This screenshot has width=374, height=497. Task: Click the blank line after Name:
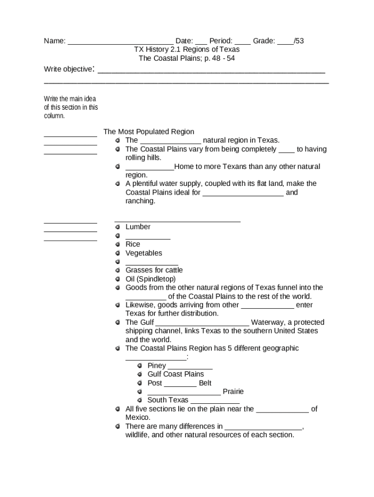pyautogui.click(x=120, y=42)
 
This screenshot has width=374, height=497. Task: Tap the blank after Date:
pyautogui.click(x=201, y=42)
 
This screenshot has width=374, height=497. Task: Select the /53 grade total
pyautogui.click(x=299, y=41)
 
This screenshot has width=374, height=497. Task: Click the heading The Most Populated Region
pyautogui.click(x=149, y=132)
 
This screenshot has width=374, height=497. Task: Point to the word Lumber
pyautogui.click(x=138, y=227)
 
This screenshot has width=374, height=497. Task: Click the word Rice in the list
pyautogui.click(x=133, y=244)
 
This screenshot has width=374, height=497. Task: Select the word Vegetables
pyautogui.click(x=144, y=253)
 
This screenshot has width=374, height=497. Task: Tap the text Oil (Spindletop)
pyautogui.click(x=151, y=279)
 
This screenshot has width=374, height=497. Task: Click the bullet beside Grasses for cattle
pyautogui.click(x=118, y=270)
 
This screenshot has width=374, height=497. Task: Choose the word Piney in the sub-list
pyautogui.click(x=157, y=365)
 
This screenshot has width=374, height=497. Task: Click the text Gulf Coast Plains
pyautogui.click(x=176, y=374)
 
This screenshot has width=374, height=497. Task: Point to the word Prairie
pyautogui.click(x=233, y=391)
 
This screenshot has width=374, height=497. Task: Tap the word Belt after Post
pyautogui.click(x=205, y=383)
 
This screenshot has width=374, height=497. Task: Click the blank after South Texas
pyautogui.click(x=215, y=401)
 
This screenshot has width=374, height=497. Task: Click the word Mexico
pyautogui.click(x=138, y=417)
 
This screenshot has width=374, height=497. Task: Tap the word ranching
pyautogui.click(x=140, y=201)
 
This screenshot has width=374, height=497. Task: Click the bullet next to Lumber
pyautogui.click(x=118, y=227)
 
